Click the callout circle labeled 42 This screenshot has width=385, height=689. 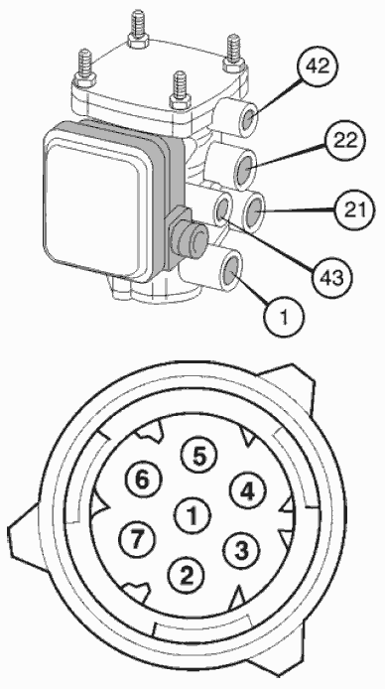click(317, 68)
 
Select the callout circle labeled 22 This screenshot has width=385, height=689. click(345, 142)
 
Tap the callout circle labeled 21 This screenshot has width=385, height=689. click(354, 210)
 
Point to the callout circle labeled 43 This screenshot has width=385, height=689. click(331, 277)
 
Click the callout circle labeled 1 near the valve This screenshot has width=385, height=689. click(284, 317)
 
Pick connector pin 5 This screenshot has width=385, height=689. click(198, 457)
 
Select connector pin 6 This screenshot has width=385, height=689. click(143, 481)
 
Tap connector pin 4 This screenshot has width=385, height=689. click(248, 491)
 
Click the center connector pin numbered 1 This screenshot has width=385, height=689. click(192, 516)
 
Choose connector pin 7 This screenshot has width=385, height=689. click(137, 539)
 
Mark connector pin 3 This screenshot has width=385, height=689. click(241, 551)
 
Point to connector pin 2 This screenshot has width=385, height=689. click(187, 576)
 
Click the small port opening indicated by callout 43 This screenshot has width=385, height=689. click(223, 208)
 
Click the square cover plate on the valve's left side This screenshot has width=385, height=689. click(95, 204)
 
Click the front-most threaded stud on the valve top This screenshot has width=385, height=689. click(180, 91)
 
